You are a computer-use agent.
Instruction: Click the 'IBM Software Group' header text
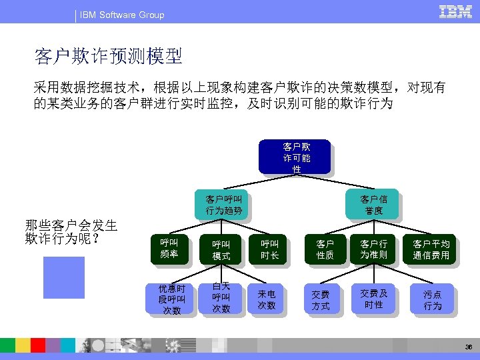pyautogui.click(x=122, y=15)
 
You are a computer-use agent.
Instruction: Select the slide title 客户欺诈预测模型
pyautogui.click(x=109, y=57)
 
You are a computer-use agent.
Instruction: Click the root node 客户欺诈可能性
pyautogui.click(x=296, y=157)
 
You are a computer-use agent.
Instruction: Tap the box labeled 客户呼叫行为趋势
pyautogui.click(x=223, y=205)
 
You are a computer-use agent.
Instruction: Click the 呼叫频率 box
pyautogui.click(x=169, y=249)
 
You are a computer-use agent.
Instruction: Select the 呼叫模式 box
pyautogui.click(x=221, y=250)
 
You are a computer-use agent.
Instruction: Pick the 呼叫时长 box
pyautogui.click(x=269, y=250)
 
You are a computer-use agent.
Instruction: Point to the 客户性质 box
pyautogui.click(x=325, y=250)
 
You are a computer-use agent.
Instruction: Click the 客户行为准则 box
pyautogui.click(x=373, y=250)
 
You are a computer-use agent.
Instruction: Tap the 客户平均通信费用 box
pyautogui.click(x=431, y=250)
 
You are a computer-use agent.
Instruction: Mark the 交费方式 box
pyautogui.click(x=321, y=299)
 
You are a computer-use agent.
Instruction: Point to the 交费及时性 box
pyautogui.click(x=373, y=299)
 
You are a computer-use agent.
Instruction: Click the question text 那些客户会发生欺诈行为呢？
pyautogui.click(x=71, y=231)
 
